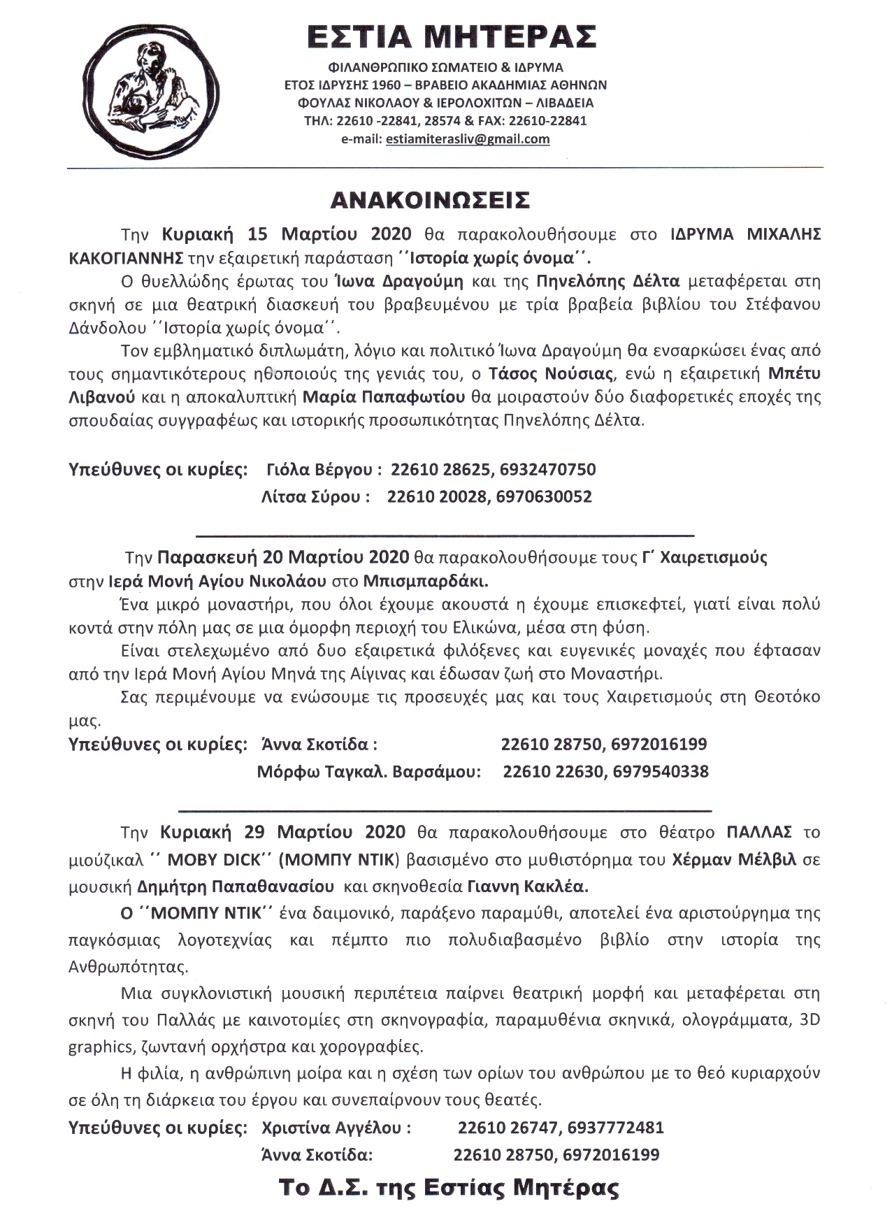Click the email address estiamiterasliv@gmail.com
467,139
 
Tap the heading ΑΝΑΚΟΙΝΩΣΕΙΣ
430,200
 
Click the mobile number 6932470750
547,469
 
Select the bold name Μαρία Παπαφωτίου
384,398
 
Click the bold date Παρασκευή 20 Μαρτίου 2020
282,558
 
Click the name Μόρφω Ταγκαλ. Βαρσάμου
369,773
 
